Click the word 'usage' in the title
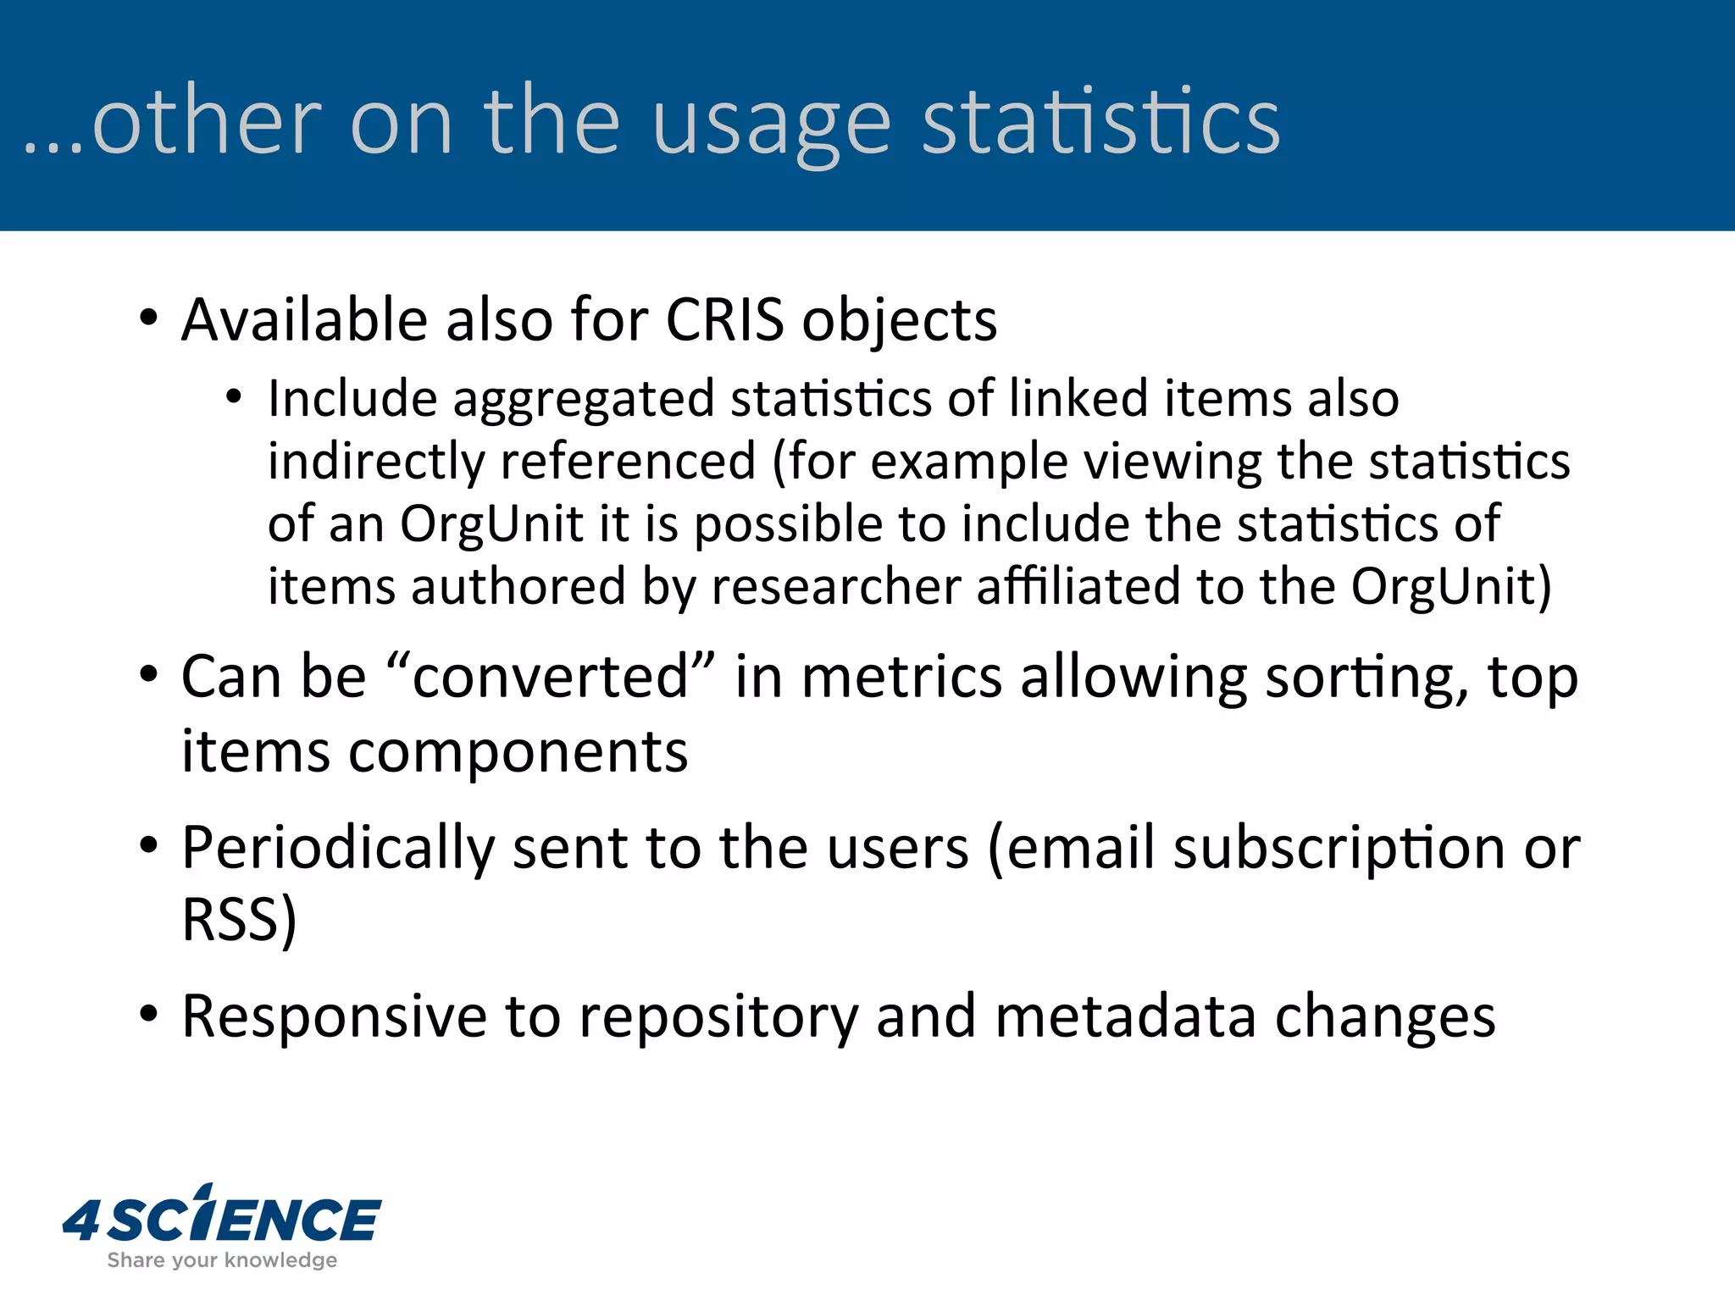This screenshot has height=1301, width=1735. coord(771,125)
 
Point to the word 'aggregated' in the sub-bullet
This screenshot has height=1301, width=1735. coord(584,400)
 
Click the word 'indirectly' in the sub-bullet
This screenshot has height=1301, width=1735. coord(376,462)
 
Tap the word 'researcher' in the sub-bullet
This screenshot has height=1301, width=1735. coord(836,586)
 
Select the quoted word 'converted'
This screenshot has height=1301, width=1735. coord(551,678)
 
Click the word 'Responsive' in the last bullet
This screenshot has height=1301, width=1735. coord(335,1016)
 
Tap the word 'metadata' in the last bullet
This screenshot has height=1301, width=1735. coord(1126,1016)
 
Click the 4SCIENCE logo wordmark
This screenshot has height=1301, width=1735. coord(222,1218)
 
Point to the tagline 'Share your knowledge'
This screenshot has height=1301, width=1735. coord(222,1260)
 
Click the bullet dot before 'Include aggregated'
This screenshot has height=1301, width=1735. coord(235,396)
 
